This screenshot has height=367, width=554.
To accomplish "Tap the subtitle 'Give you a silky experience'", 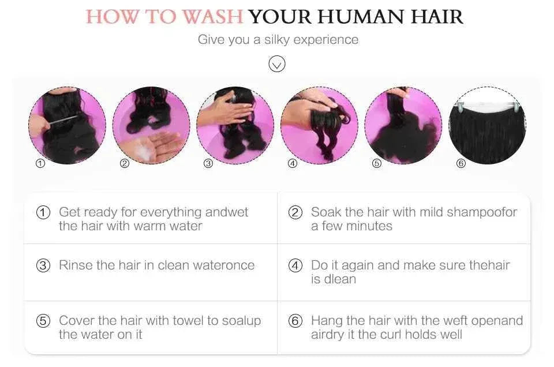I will [278, 39].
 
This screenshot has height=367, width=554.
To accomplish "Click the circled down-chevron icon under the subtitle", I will [277, 63].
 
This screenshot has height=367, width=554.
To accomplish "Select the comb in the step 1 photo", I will [60, 120].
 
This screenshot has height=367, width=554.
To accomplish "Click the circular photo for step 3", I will [235, 125].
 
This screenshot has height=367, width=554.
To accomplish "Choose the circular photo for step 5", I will [403, 125].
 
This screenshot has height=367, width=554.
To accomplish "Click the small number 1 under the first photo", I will [40, 163].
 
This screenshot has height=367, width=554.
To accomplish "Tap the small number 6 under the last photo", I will [461, 163].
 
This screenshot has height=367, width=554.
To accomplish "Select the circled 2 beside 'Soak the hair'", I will [295, 212].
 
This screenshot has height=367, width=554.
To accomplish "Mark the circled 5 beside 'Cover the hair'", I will [43, 321].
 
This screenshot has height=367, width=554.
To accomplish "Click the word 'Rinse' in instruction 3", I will [76, 265].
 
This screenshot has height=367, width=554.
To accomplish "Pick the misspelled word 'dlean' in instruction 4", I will [340, 279].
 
